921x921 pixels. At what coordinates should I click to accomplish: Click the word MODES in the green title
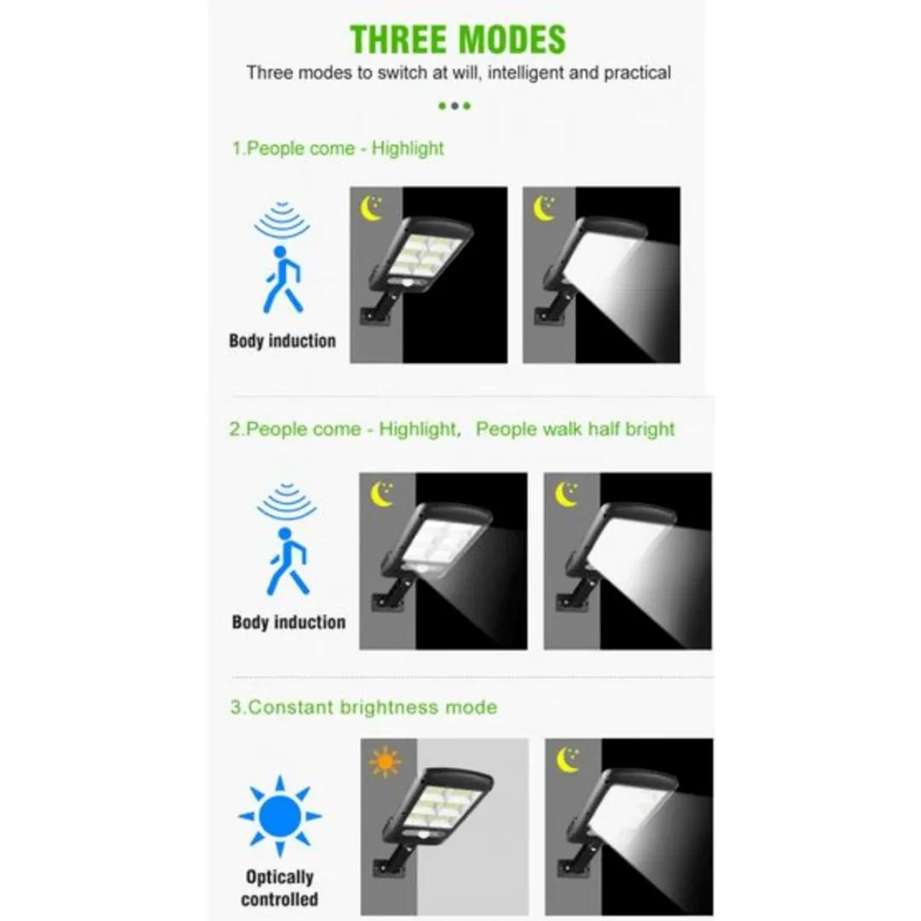click(x=513, y=39)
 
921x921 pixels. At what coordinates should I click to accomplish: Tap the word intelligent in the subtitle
click(x=525, y=72)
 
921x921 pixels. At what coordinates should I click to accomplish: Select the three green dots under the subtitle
click(x=455, y=106)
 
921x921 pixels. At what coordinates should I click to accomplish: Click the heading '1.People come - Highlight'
click(x=338, y=148)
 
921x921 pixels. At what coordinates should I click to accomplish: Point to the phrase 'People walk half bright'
click(x=575, y=429)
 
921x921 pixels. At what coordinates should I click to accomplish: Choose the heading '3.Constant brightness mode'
click(x=363, y=707)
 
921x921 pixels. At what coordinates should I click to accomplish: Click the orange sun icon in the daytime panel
click(x=385, y=762)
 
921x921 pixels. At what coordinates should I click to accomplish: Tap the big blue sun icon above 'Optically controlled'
click(x=280, y=816)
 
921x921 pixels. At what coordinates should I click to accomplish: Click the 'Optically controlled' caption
click(x=280, y=888)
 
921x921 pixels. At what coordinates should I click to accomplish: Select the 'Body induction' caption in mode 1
click(x=282, y=340)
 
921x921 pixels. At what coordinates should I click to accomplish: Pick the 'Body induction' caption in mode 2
click(x=288, y=622)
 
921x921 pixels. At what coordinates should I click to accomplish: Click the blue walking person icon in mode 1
click(x=282, y=279)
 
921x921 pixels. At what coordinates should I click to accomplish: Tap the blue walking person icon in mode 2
click(x=287, y=561)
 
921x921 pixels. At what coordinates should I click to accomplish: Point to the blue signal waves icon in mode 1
click(x=282, y=219)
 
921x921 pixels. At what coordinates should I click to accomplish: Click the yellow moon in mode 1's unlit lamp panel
click(x=371, y=209)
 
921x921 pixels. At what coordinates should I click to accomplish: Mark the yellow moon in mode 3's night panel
click(x=567, y=760)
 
